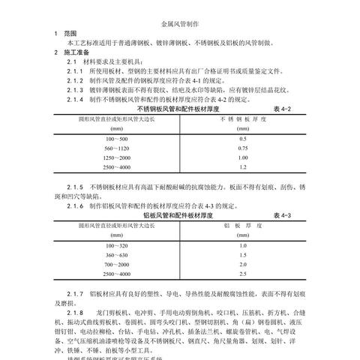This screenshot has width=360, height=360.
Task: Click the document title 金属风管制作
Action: (x=179, y=25)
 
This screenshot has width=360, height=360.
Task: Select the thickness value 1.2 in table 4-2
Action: (x=241, y=168)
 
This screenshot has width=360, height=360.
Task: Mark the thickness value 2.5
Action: (x=241, y=276)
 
